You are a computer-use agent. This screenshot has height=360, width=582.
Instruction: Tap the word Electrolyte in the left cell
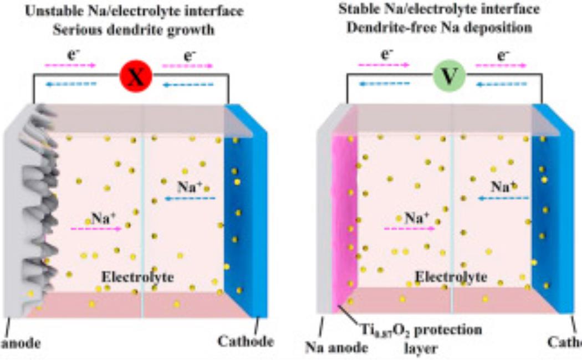(137, 276)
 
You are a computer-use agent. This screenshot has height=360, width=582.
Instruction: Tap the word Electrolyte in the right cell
(451, 276)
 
